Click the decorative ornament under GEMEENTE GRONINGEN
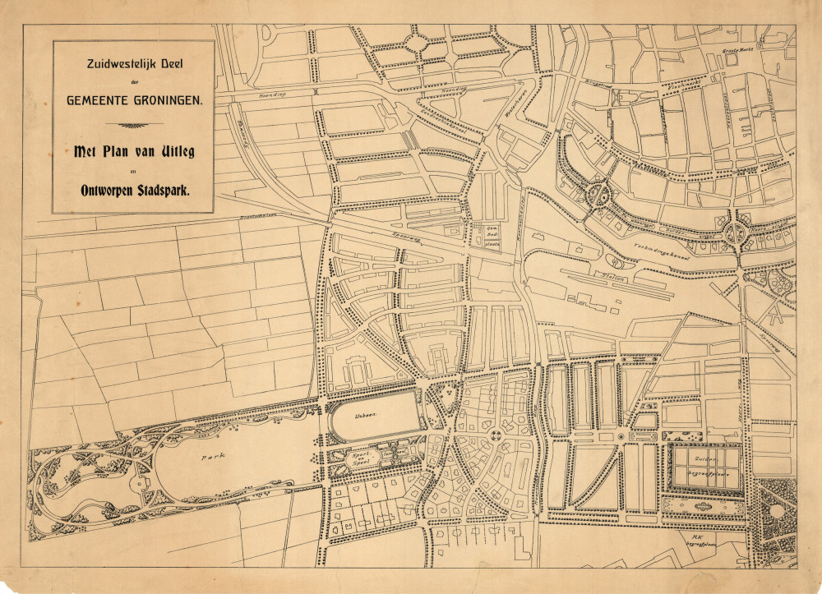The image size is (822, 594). point(133,126)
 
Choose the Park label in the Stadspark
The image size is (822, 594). point(207,454)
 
